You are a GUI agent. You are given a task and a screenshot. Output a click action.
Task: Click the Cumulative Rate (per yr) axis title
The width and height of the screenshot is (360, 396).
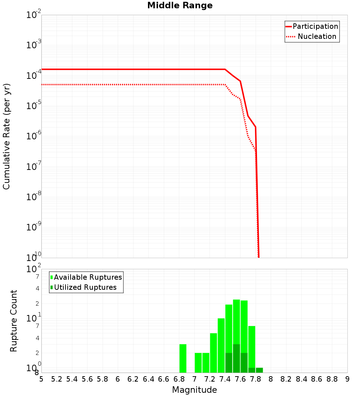6,136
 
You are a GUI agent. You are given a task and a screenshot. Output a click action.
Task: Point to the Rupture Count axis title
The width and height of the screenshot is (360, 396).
14,321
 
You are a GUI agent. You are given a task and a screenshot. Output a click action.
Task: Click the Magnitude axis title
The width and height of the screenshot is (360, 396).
194,390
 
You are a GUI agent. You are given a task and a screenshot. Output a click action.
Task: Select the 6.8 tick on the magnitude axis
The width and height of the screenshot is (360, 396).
179,379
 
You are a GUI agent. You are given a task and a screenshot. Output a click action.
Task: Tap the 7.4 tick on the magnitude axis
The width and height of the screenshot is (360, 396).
225,379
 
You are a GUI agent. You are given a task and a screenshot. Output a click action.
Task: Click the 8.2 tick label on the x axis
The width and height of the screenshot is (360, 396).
286,379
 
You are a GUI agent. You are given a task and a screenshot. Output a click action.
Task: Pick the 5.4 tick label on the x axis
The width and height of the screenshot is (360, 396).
72,379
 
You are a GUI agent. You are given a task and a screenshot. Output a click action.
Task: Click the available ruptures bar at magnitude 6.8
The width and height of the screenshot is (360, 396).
183,358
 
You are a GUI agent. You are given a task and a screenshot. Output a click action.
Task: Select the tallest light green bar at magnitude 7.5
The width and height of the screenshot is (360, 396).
236,320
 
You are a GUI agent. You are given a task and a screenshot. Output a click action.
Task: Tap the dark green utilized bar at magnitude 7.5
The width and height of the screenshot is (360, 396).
236,359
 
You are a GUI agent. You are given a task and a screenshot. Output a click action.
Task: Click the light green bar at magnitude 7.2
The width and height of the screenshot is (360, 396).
213,353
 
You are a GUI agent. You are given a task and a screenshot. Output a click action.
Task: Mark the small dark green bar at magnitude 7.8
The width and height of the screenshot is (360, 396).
259,370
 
